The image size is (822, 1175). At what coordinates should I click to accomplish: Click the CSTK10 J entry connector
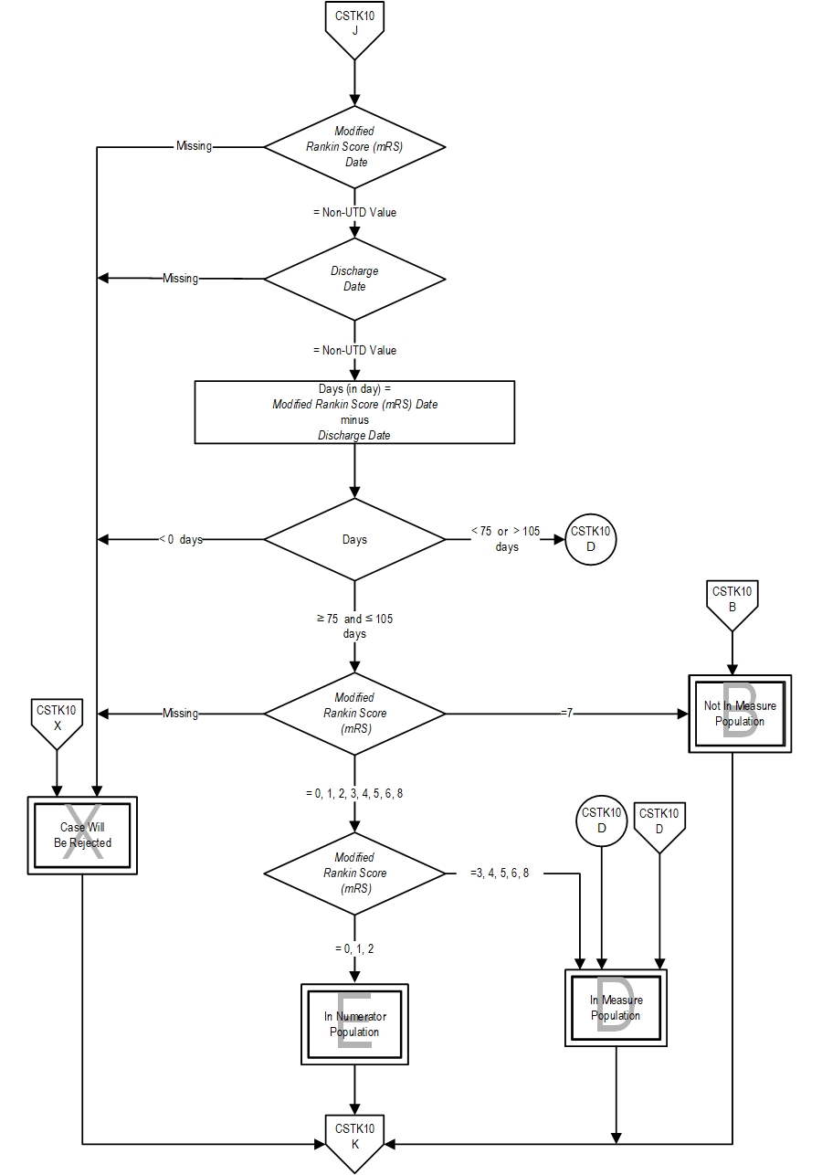click(x=354, y=26)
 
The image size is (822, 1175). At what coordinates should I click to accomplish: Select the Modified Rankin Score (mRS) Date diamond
click(x=354, y=147)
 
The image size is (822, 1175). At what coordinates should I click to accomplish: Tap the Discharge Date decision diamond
click(x=354, y=279)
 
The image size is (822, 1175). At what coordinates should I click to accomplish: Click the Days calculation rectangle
click(x=354, y=412)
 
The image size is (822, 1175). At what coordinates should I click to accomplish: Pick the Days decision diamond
click(x=354, y=539)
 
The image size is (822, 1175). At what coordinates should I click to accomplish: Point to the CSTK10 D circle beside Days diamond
click(x=591, y=539)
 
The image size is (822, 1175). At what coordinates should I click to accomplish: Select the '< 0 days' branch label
click(x=180, y=539)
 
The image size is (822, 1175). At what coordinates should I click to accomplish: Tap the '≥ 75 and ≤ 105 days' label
click(x=354, y=626)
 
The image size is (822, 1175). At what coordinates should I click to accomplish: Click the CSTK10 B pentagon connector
click(x=732, y=600)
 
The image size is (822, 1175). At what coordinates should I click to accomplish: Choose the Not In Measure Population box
click(x=740, y=714)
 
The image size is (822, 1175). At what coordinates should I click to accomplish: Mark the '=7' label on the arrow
click(x=566, y=713)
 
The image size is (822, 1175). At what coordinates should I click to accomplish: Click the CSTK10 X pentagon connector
click(x=58, y=718)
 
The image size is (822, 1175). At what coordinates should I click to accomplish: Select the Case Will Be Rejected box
click(x=82, y=835)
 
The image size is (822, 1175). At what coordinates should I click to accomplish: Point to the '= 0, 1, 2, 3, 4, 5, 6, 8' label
click(x=354, y=794)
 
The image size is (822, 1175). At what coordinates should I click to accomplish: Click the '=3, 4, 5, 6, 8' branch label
click(x=500, y=873)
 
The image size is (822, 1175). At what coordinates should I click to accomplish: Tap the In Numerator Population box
click(x=354, y=1024)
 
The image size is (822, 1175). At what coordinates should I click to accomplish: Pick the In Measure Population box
click(x=616, y=1008)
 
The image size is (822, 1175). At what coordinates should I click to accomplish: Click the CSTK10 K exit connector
click(x=354, y=1138)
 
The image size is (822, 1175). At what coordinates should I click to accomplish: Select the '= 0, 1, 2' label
click(x=354, y=948)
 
